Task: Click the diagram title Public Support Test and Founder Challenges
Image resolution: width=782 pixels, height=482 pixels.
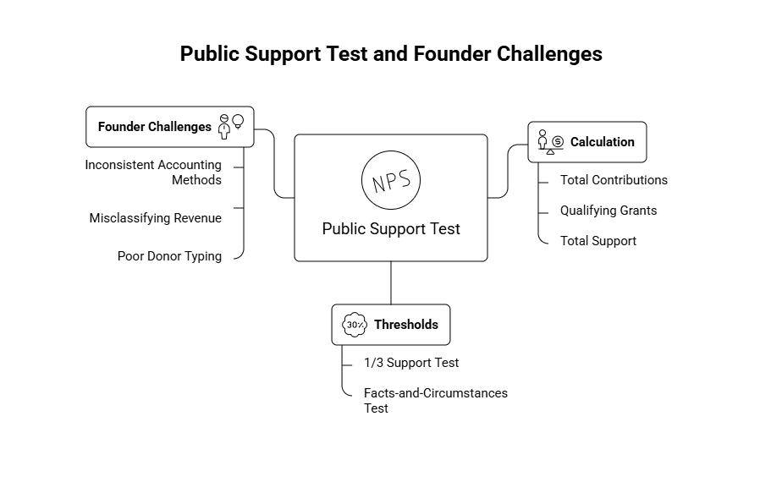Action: tap(391, 54)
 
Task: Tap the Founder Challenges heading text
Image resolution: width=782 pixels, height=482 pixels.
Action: tap(154, 127)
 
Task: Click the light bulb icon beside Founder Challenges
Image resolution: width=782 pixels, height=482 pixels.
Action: tap(238, 121)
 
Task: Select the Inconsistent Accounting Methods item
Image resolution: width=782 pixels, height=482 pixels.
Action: tap(153, 173)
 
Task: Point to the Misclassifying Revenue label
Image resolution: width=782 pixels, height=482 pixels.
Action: tap(155, 218)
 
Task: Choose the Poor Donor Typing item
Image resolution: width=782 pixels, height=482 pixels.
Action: tap(169, 256)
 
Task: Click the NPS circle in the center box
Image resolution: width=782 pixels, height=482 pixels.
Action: tap(391, 179)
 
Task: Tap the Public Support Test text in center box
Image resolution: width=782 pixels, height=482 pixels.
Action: tap(391, 229)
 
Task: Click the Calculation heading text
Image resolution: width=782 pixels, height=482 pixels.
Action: tap(602, 142)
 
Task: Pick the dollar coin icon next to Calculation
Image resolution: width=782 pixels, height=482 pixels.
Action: tap(558, 142)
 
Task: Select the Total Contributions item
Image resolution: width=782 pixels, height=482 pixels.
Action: tap(614, 180)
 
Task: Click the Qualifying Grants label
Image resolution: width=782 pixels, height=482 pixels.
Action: tap(608, 211)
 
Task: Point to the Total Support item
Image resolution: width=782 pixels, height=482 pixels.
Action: tap(598, 241)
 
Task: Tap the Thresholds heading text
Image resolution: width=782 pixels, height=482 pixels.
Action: tap(405, 325)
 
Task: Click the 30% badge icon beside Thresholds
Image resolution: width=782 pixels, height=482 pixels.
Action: tap(354, 325)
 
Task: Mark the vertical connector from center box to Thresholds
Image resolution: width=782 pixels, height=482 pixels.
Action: tap(391, 282)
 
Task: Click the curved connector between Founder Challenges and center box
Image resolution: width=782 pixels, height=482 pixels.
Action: tap(274, 165)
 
